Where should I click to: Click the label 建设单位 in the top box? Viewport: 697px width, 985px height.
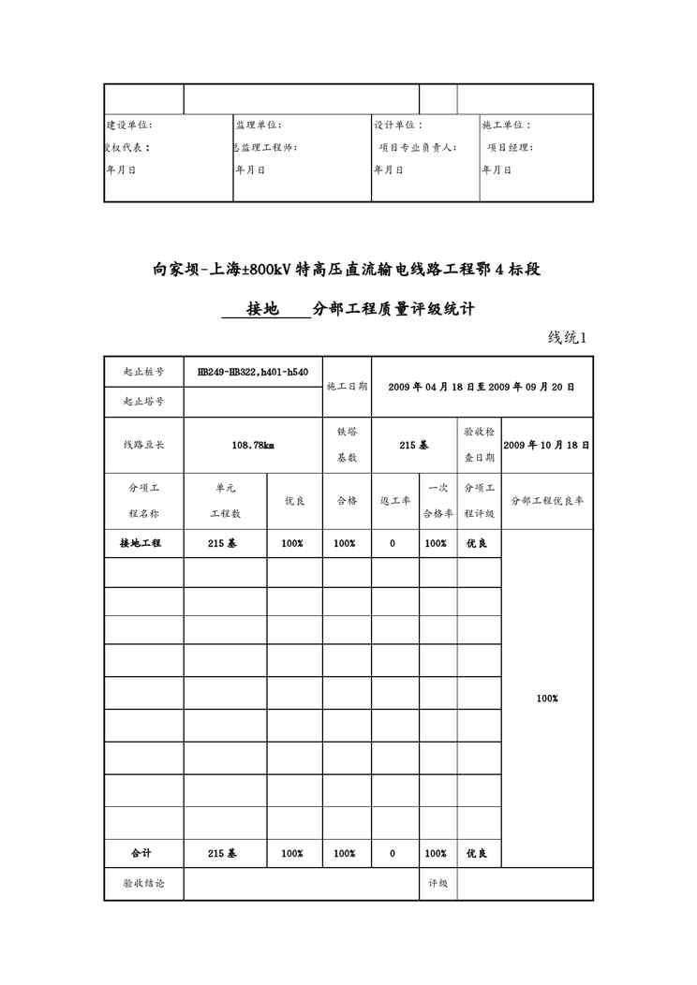coord(129,125)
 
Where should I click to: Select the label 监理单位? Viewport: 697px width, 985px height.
coord(258,125)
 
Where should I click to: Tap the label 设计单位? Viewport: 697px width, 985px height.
coord(398,125)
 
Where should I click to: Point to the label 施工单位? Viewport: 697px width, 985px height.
coord(506,125)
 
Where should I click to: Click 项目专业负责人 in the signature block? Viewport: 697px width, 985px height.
coord(418,147)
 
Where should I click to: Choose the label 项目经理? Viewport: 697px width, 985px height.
coord(511,147)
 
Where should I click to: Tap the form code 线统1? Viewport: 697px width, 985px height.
coord(567,338)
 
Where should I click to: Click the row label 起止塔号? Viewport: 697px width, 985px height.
coord(144,401)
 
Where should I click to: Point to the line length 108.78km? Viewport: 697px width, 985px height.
coord(253,446)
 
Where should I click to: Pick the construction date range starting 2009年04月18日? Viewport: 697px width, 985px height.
coord(482,386)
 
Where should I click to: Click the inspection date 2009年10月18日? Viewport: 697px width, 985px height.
coord(546,446)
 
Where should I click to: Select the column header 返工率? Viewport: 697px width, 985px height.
coord(394,501)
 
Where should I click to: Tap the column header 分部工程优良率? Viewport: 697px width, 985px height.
coord(546,501)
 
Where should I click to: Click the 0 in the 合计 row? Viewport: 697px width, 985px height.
coord(393,853)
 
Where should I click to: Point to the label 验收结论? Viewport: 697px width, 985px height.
coord(143,883)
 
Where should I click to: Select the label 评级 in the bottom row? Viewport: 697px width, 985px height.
coord(437,883)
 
